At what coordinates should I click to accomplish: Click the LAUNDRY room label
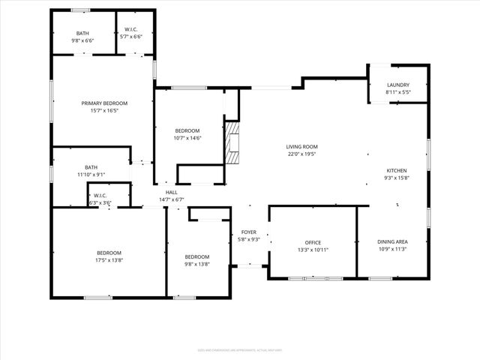click(x=398, y=85)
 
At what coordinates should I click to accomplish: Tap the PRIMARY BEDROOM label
click(x=105, y=103)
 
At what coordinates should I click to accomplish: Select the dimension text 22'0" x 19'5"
click(x=301, y=154)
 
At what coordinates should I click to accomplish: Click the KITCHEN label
click(x=397, y=170)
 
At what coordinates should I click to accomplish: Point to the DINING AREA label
click(x=392, y=241)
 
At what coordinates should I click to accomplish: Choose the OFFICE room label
click(x=313, y=242)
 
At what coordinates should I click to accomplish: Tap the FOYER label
click(x=248, y=232)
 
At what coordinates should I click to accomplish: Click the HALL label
click(x=172, y=193)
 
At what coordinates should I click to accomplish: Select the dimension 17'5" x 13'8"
click(x=109, y=260)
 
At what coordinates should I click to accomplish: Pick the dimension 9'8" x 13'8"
click(x=197, y=263)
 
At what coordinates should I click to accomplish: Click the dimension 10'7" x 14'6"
click(x=187, y=137)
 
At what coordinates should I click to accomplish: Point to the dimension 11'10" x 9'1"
click(x=91, y=175)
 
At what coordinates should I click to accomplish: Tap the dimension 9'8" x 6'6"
click(x=82, y=40)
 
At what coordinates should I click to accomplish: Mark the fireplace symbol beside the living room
click(x=233, y=142)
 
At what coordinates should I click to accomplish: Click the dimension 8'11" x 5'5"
click(x=398, y=92)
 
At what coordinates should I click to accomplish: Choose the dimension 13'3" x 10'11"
click(x=313, y=250)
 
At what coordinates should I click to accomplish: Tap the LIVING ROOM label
click(x=301, y=146)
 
